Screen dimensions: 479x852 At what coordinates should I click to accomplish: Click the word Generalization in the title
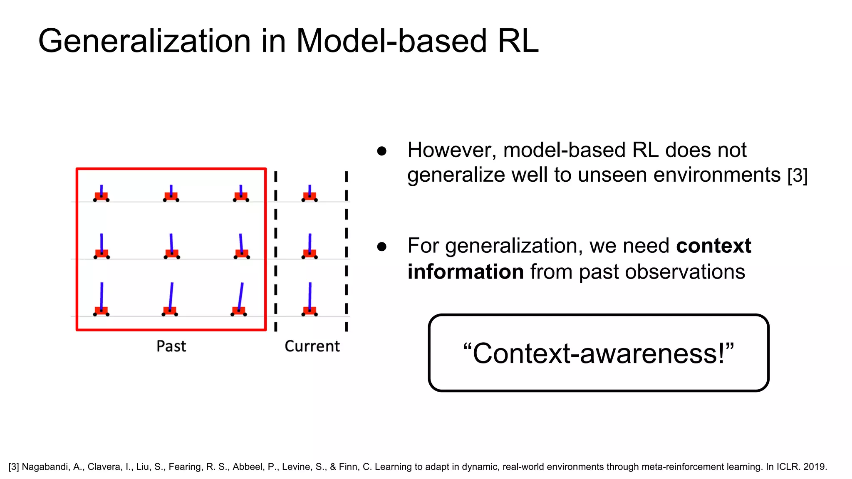pos(144,41)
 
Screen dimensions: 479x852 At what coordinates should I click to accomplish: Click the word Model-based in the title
pos(391,41)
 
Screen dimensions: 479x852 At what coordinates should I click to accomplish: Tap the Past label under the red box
pos(171,346)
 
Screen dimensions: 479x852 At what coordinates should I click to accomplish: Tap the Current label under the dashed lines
pos(312,346)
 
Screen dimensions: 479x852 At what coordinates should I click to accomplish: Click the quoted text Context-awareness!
pos(598,353)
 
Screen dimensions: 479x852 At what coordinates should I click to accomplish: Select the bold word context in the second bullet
pos(713,246)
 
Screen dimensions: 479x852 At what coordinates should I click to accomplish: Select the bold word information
pos(466,272)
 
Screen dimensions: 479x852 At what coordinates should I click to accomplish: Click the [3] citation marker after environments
pos(798,175)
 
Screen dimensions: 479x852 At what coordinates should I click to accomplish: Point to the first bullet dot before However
pos(382,151)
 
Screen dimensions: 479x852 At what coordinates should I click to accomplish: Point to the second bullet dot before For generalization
pos(382,247)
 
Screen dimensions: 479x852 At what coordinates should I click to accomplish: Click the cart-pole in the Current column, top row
pos(310,194)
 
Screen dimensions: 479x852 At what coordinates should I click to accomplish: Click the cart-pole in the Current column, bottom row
pos(310,301)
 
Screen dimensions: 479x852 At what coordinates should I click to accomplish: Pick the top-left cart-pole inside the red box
pos(101,194)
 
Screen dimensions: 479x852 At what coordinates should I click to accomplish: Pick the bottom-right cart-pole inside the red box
pos(239,301)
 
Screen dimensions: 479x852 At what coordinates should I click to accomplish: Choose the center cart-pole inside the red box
pos(171,248)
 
